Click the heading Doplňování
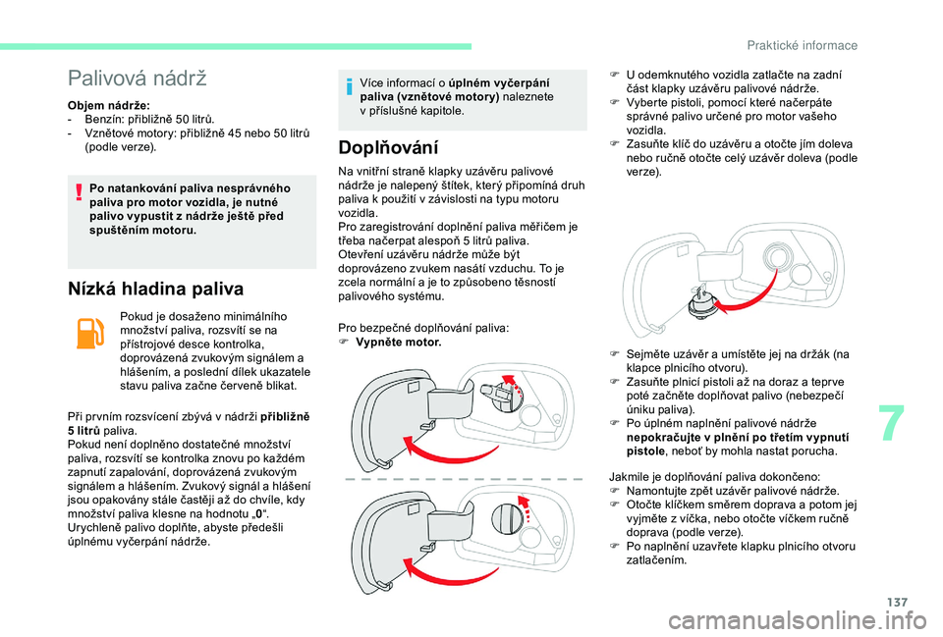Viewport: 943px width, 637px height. [x=387, y=148]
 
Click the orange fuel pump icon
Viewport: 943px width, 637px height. [x=88, y=334]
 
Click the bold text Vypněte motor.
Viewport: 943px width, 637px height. [x=399, y=343]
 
